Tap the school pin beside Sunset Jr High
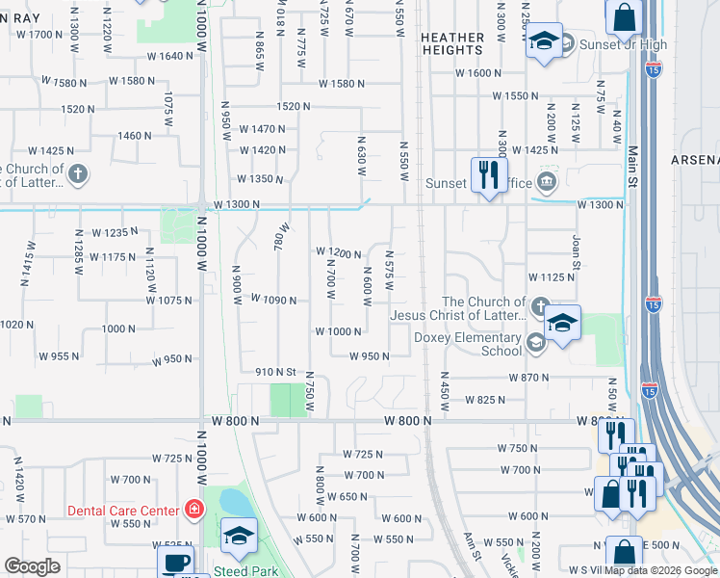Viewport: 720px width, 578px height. click(544, 41)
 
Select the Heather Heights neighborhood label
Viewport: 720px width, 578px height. click(452, 43)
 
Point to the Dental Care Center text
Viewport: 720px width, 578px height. click(123, 511)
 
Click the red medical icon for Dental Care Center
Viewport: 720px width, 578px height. click(193, 509)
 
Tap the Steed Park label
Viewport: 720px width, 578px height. click(242, 571)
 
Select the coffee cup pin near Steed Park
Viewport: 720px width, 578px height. click(174, 563)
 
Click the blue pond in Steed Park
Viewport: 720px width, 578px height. click(233, 502)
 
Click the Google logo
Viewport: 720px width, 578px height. click(31, 566)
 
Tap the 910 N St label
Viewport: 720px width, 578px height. click(275, 372)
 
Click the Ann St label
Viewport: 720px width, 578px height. click(471, 549)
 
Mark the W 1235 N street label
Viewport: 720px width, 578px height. click(115, 233)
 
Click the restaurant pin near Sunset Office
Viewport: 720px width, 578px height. click(489, 175)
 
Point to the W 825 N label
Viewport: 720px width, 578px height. click(485, 400)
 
